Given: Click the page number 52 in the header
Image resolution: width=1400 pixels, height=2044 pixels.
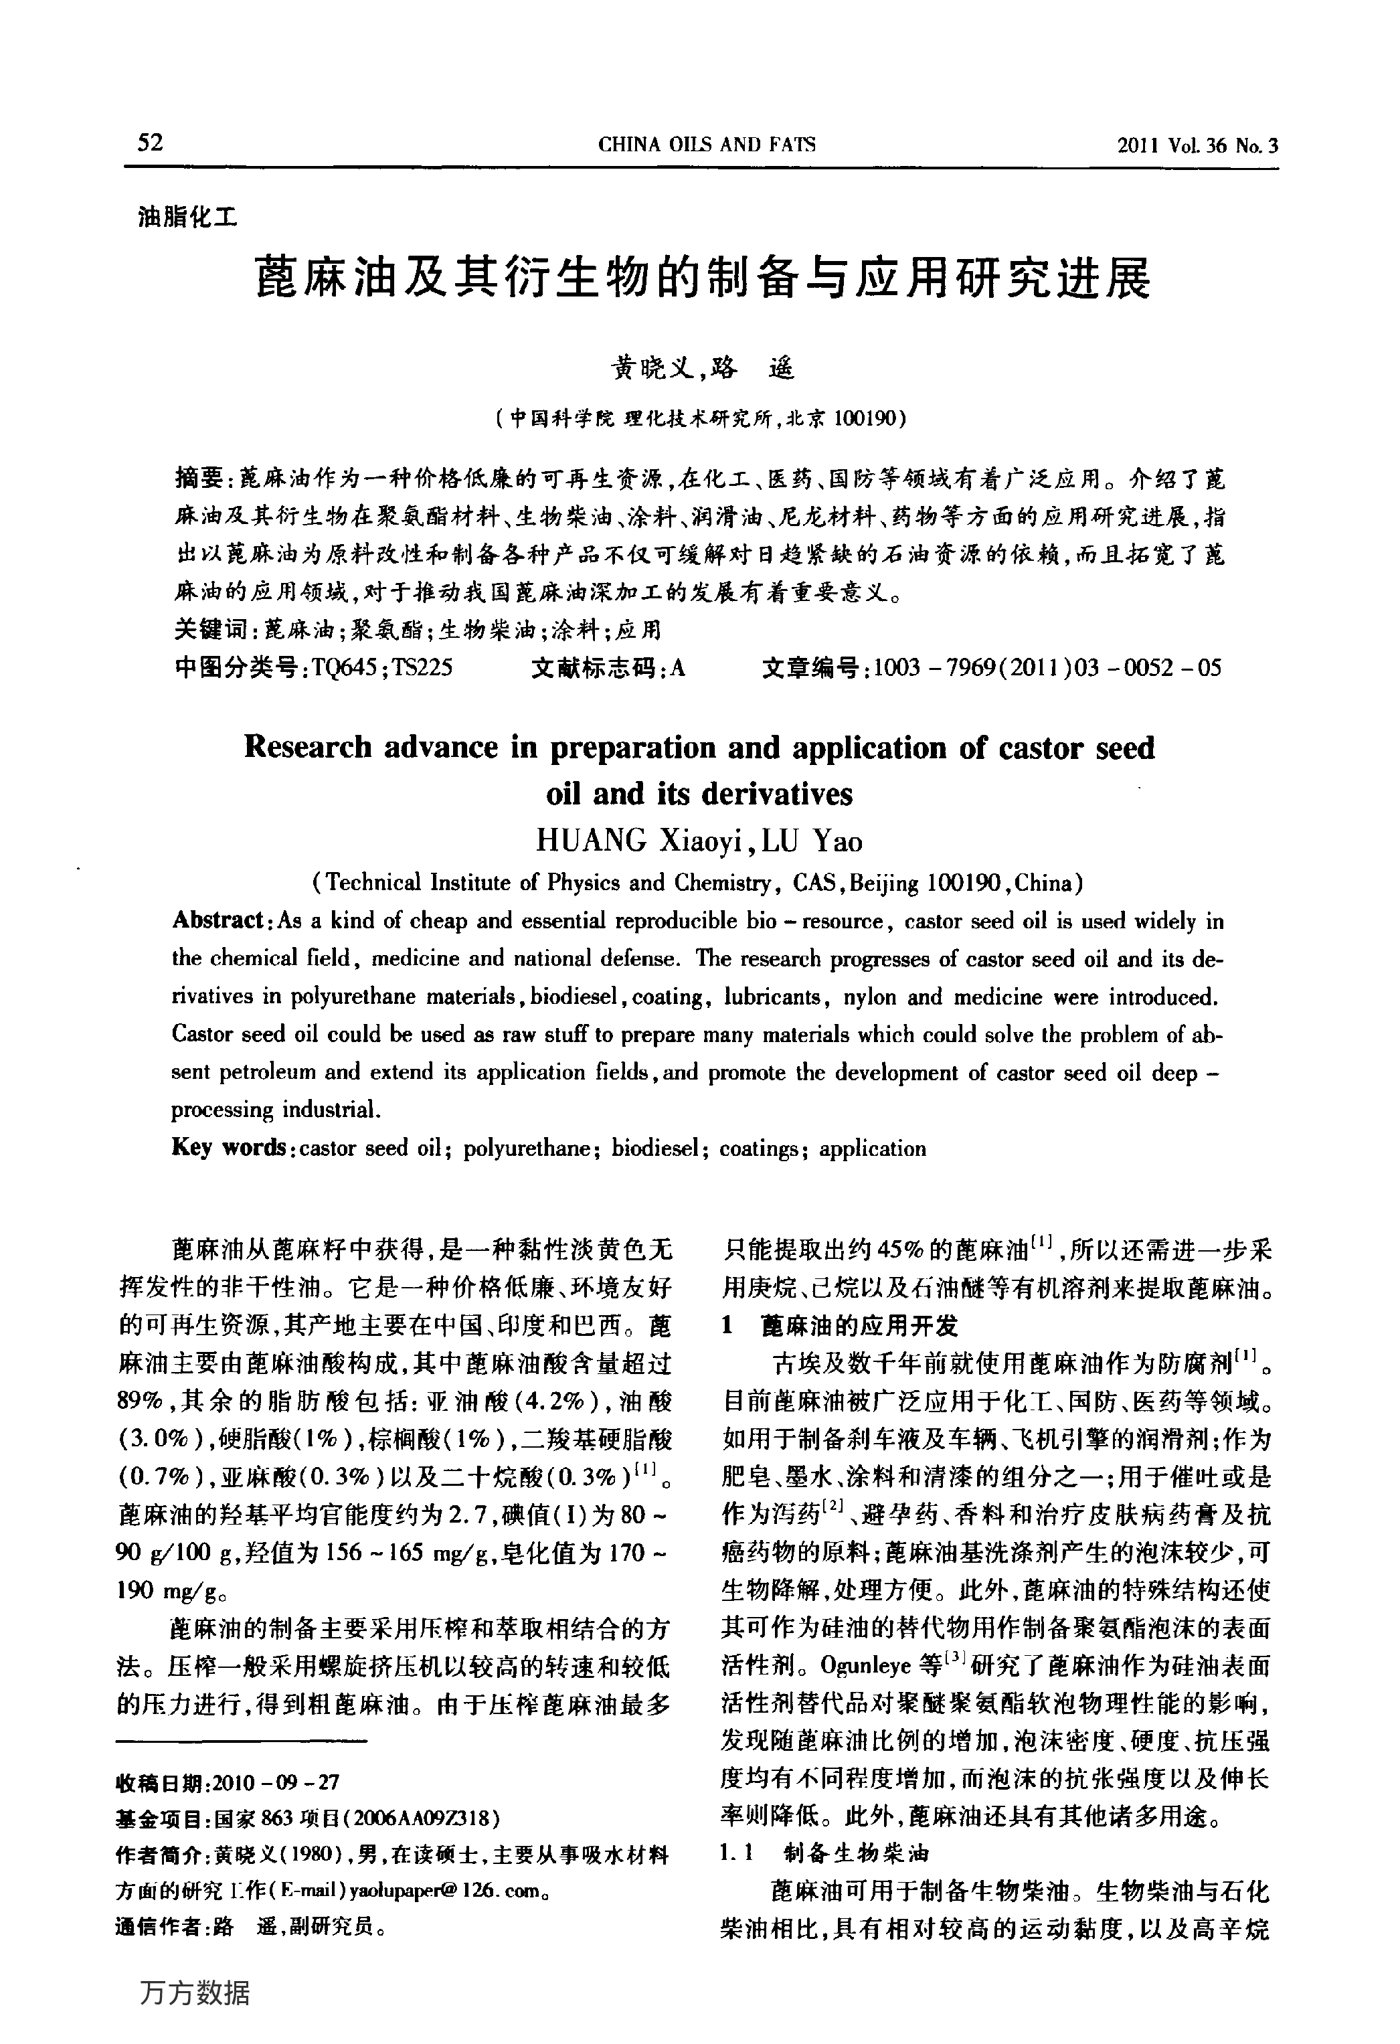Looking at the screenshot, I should [x=151, y=143].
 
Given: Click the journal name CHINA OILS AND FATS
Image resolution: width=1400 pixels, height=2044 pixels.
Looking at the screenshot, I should [x=706, y=145].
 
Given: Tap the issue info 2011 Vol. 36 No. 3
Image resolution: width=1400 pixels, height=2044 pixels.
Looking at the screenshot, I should [x=1198, y=146].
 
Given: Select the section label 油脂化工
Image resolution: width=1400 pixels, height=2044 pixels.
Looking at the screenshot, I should [x=187, y=216].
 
